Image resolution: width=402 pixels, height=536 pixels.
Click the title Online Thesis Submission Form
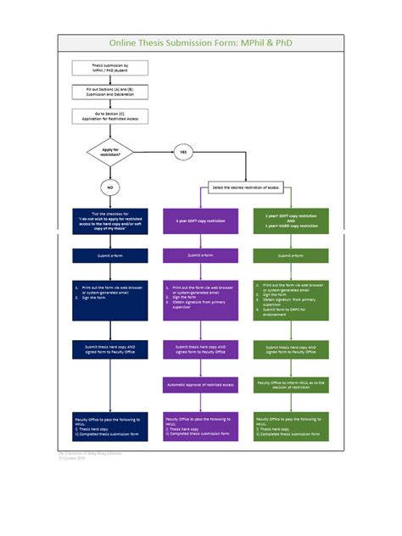201,42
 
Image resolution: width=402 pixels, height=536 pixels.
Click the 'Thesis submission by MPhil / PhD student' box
110,68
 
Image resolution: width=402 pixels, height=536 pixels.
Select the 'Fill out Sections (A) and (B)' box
110,91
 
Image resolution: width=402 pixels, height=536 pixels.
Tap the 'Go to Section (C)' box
110,115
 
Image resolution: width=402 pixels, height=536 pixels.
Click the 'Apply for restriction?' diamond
110,153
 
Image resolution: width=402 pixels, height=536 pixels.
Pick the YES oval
182,153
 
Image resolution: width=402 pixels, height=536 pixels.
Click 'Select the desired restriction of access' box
246,187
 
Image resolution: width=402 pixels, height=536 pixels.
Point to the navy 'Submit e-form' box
110,255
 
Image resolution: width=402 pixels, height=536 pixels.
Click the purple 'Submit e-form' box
200,255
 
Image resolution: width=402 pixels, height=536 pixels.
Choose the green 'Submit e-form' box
291,255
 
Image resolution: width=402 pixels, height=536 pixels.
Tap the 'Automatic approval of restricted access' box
200,385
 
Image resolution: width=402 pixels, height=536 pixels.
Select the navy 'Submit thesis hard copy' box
110,349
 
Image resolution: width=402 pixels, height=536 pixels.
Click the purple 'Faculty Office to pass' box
200,426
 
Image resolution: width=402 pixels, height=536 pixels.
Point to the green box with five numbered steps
291,298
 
